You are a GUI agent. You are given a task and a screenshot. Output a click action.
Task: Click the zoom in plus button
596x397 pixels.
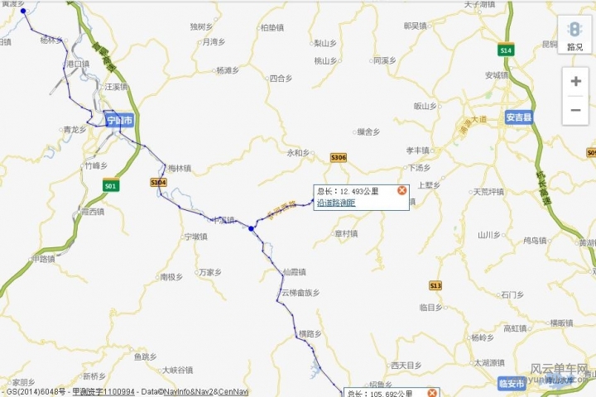coord(575,81)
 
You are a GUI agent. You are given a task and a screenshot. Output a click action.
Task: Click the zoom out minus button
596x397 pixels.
coord(575,110)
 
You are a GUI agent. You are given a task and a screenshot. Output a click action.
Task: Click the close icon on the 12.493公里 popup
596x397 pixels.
coord(401,190)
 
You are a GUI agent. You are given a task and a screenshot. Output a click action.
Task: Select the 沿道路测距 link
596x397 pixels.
coord(335,202)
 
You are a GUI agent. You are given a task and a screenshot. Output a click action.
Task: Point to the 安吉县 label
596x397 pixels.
coord(518,117)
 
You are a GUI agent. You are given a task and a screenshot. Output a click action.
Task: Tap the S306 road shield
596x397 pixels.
coord(338,157)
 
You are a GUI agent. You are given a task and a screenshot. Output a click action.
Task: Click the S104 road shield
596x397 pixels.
coord(158,182)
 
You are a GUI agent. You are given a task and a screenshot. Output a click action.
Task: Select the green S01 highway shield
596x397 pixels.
coord(110,187)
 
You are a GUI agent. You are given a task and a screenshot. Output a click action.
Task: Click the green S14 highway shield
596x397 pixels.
coord(506,50)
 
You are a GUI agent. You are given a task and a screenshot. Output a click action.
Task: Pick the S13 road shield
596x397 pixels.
coord(435,285)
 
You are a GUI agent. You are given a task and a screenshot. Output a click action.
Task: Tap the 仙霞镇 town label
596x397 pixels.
coord(294,272)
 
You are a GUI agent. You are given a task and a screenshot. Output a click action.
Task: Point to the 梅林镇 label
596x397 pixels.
coord(180,168)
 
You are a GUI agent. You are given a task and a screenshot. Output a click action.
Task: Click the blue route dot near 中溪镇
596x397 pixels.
coord(251,228)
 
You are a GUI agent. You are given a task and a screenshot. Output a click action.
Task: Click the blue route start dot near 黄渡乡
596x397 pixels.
coord(23,12)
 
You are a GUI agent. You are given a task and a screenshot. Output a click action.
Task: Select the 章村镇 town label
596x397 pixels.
coord(345,234)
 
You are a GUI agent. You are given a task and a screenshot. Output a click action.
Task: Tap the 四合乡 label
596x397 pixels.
coord(281,79)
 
